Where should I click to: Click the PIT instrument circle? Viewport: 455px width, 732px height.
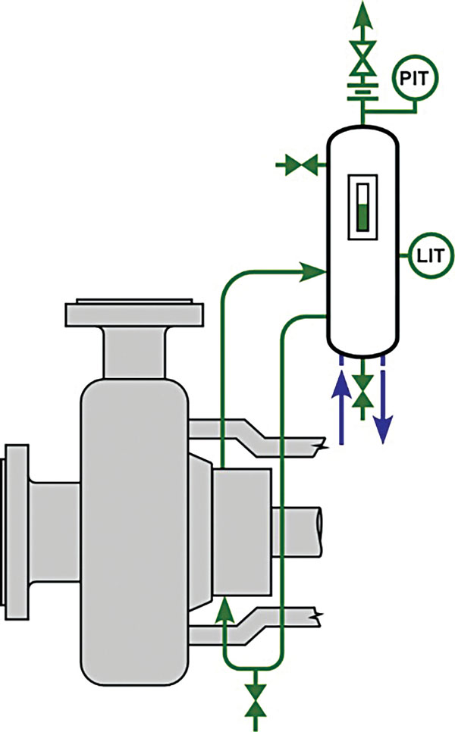415,79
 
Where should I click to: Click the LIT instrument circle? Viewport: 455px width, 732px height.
430,255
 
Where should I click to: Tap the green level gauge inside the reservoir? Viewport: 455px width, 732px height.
362,208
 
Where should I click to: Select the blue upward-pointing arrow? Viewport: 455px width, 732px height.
341,405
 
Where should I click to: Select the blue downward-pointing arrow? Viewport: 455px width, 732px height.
383,405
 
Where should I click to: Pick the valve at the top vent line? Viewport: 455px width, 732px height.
362,59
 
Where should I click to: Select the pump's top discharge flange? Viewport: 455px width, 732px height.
134,313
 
